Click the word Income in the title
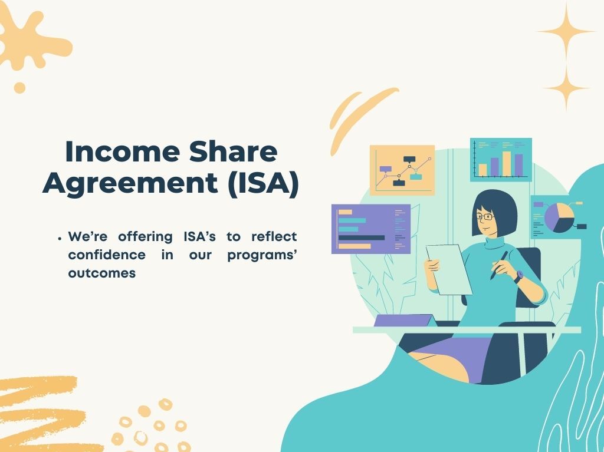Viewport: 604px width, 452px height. click(x=123, y=151)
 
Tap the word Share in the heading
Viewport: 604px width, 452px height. click(x=233, y=151)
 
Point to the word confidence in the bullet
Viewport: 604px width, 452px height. click(x=107, y=255)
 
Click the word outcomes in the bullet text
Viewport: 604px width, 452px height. click(x=102, y=273)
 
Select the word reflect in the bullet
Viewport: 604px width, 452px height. click(x=274, y=236)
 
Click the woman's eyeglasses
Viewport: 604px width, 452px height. click(x=485, y=217)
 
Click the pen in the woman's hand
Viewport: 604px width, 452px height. click(x=499, y=265)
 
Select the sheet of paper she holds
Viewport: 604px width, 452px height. click(x=449, y=269)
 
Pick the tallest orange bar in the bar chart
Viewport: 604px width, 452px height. click(x=507, y=164)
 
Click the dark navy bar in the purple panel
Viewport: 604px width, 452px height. click(x=362, y=237)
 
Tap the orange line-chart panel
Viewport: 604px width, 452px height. click(x=402, y=170)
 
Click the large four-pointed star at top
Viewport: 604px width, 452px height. click(x=566, y=32)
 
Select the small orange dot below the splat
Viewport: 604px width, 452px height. click(x=19, y=88)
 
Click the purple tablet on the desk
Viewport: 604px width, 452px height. click(x=405, y=321)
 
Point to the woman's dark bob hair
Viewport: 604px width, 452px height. click(x=497, y=210)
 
